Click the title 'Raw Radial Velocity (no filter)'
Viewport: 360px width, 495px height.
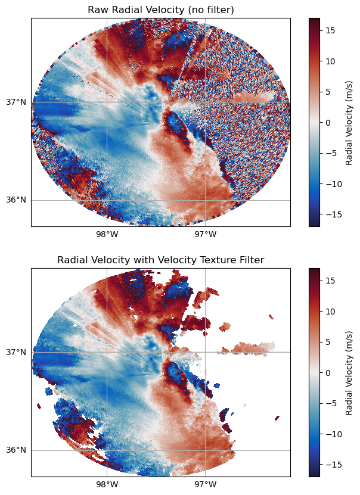[x=160, y=10]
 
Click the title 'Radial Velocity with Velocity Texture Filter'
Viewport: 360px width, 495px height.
[x=160, y=260]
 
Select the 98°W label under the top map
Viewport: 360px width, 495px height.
[x=107, y=234]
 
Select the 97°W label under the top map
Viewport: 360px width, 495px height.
[x=205, y=234]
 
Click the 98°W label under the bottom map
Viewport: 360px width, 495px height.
[x=107, y=484]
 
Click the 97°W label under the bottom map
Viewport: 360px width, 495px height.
[x=205, y=484]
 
